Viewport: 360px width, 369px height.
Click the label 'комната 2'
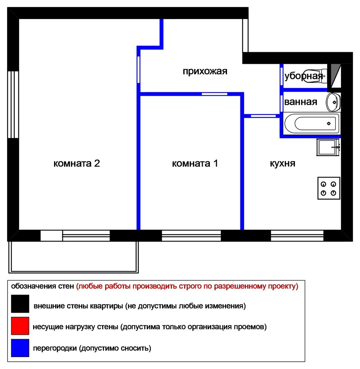pos(76,164)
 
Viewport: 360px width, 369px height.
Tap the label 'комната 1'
pos(195,164)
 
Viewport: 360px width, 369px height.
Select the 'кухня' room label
pos(282,164)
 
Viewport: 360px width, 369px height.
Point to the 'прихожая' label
pos(205,71)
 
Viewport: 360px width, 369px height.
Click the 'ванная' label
pos(300,102)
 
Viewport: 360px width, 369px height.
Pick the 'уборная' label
pos(303,76)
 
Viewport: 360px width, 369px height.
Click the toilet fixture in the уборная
pos(314,76)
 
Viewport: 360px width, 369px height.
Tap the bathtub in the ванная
pos(312,123)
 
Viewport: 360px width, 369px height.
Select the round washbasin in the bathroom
pos(333,102)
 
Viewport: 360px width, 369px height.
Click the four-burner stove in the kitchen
pos(328,188)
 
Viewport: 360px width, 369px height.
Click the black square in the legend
pos(20,303)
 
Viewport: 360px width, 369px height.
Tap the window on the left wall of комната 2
pos(13,104)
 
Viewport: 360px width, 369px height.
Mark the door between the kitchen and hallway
pos(263,116)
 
